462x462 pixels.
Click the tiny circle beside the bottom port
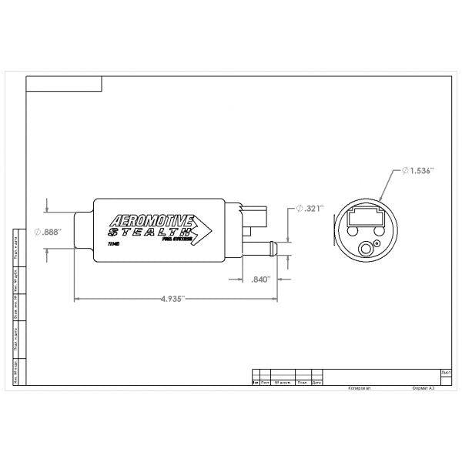click(x=376, y=244)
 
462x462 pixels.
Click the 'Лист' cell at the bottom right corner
click(x=447, y=372)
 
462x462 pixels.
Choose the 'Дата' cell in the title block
click(x=316, y=381)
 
